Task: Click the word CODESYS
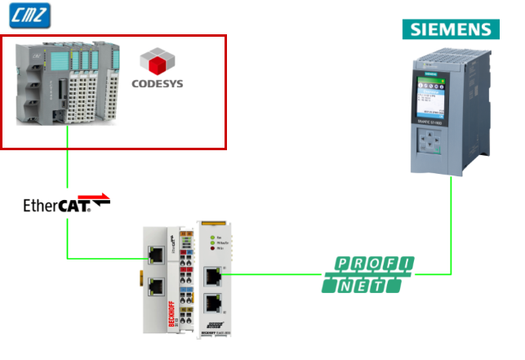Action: tap(158, 83)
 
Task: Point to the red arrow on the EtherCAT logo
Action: tap(97, 198)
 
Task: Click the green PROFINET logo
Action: tap(368, 275)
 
